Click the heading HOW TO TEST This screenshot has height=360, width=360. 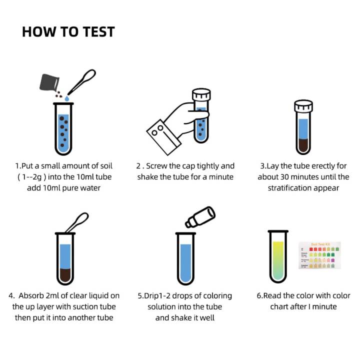(x=68, y=32)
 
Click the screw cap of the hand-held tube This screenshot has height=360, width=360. (x=201, y=95)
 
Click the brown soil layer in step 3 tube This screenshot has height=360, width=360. (x=303, y=144)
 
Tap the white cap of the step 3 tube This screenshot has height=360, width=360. (x=303, y=106)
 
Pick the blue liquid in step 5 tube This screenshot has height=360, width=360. (x=185, y=262)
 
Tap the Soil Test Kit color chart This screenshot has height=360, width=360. (x=319, y=255)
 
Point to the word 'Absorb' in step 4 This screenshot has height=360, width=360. (x=35, y=295)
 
